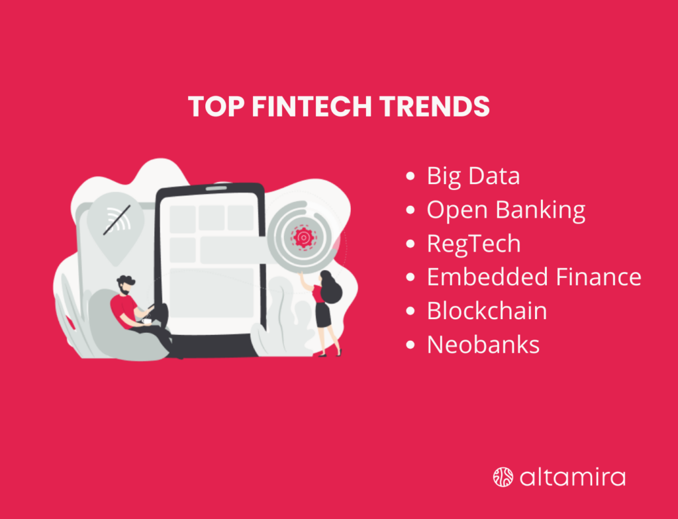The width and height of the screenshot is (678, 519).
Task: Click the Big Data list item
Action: point(473,176)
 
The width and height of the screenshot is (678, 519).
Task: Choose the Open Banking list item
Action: point(506,210)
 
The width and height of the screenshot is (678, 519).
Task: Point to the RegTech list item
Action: point(473,244)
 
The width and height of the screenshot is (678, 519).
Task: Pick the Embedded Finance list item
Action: point(534,277)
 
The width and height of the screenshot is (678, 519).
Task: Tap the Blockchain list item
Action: point(487,310)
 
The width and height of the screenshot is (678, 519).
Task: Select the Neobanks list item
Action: point(483,344)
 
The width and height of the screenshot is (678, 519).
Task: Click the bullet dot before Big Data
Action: point(411,177)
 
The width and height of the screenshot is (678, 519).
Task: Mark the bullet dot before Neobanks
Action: point(411,345)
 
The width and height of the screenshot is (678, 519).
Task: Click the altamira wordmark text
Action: point(572,477)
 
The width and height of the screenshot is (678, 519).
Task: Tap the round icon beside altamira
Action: point(503,477)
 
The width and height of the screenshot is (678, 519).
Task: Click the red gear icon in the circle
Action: point(304,236)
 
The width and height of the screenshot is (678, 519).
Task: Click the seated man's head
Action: point(125,285)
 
